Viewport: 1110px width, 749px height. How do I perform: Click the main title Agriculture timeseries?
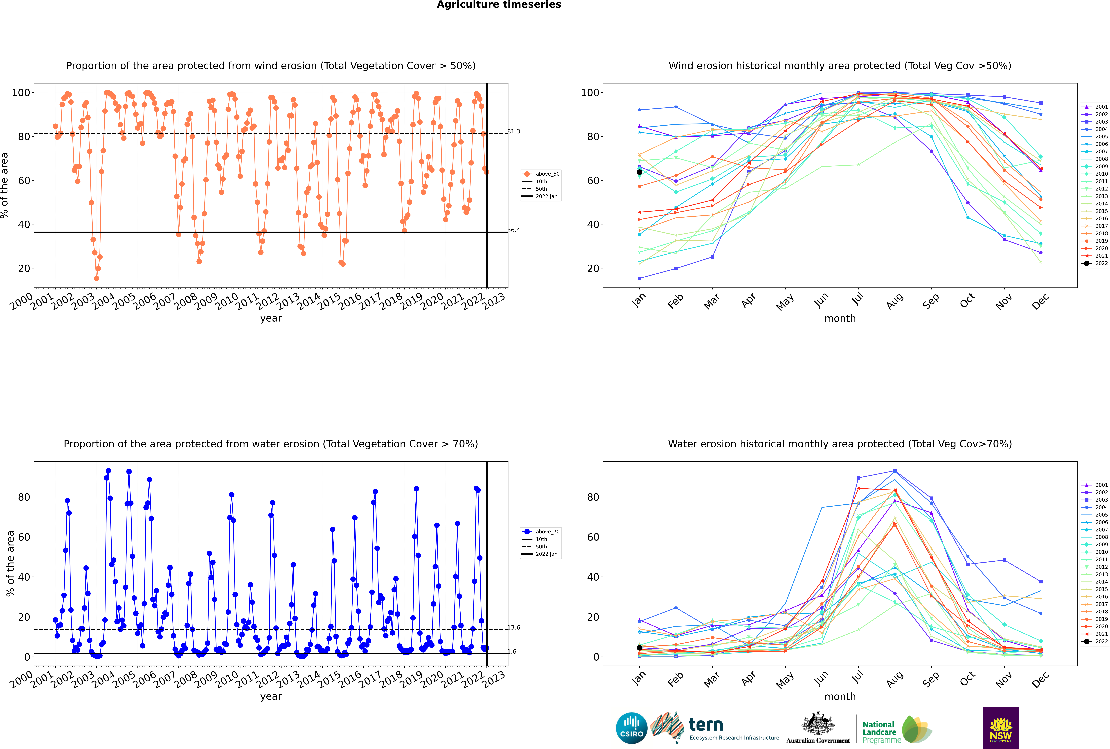coord(499,5)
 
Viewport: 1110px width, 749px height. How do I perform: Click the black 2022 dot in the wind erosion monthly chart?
coord(639,172)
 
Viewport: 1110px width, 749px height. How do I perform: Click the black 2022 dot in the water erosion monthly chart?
coord(639,648)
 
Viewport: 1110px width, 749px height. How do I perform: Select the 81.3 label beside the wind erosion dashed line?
coord(514,131)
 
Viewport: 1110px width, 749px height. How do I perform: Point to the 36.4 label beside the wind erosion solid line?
coord(514,230)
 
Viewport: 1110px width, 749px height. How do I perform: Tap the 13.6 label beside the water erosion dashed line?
coord(514,628)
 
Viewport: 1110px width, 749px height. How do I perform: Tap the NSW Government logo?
coord(1001,728)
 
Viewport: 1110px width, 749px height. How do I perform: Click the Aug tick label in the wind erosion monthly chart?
coord(895,301)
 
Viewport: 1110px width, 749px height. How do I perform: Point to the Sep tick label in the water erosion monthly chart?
coord(931,679)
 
